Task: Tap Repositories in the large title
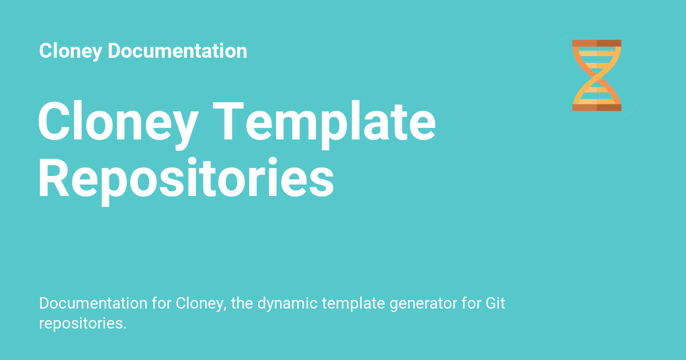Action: (x=186, y=178)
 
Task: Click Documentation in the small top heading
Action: (x=177, y=51)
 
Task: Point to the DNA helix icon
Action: (x=596, y=75)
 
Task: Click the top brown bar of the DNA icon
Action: (x=596, y=43)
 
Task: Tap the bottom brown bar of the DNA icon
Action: (x=596, y=107)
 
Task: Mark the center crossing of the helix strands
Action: (x=596, y=75)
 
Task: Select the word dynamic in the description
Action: (x=287, y=303)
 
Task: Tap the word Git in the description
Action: (x=495, y=303)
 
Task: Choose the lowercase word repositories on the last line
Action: (x=82, y=323)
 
